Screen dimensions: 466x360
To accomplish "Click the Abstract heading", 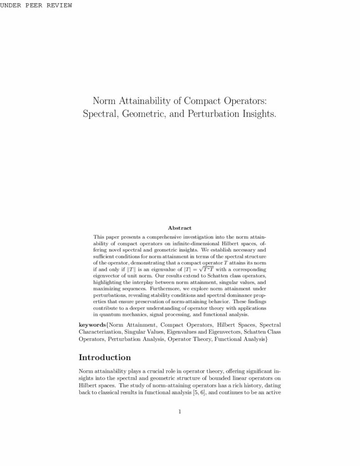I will (x=180, y=228).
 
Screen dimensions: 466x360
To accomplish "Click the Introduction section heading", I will (x=105, y=357).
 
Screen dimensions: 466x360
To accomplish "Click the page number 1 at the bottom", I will (x=180, y=412).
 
